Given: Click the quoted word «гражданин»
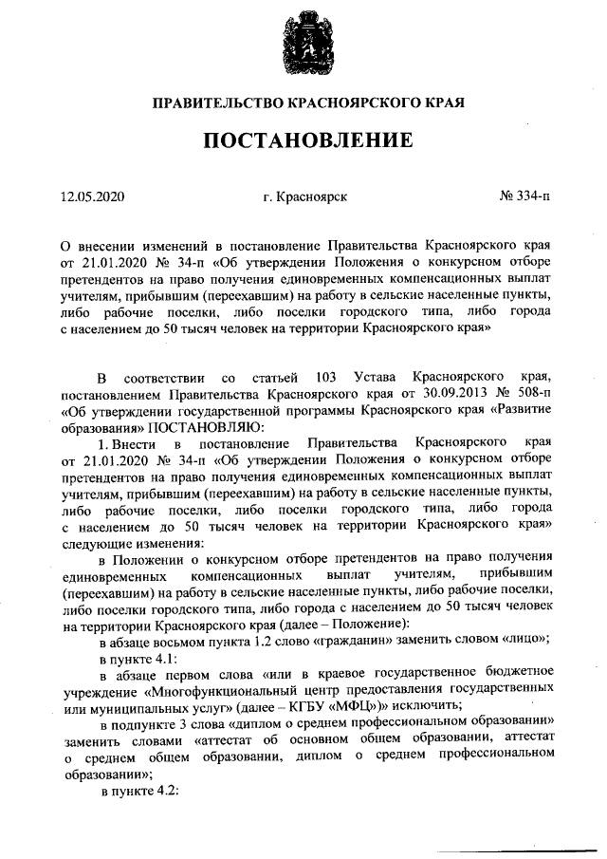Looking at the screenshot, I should click(351, 640).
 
